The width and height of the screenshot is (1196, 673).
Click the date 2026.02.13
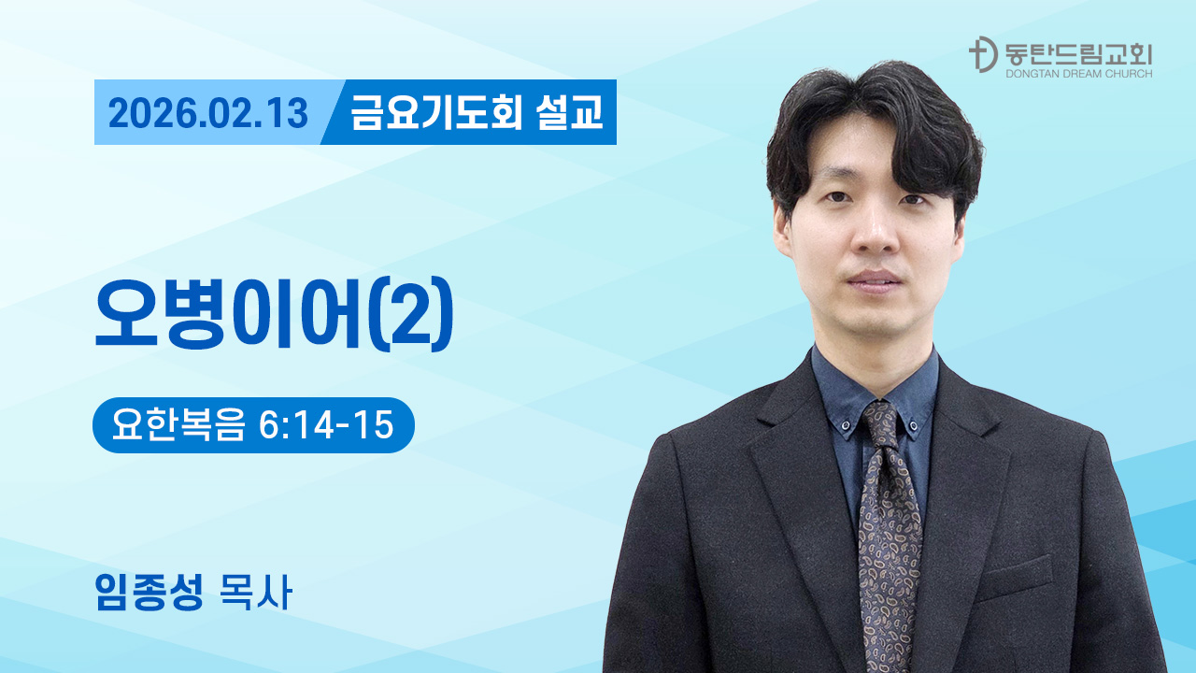tap(207, 113)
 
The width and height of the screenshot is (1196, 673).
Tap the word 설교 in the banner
tap(570, 113)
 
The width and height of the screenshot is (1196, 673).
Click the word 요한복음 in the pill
tap(178, 425)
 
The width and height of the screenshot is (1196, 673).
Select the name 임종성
tap(149, 593)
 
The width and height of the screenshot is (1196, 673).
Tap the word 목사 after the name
tap(253, 593)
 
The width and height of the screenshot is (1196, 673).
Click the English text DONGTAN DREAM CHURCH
tap(1078, 73)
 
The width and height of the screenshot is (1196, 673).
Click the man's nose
tap(875, 234)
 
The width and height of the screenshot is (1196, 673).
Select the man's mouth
tap(875, 279)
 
